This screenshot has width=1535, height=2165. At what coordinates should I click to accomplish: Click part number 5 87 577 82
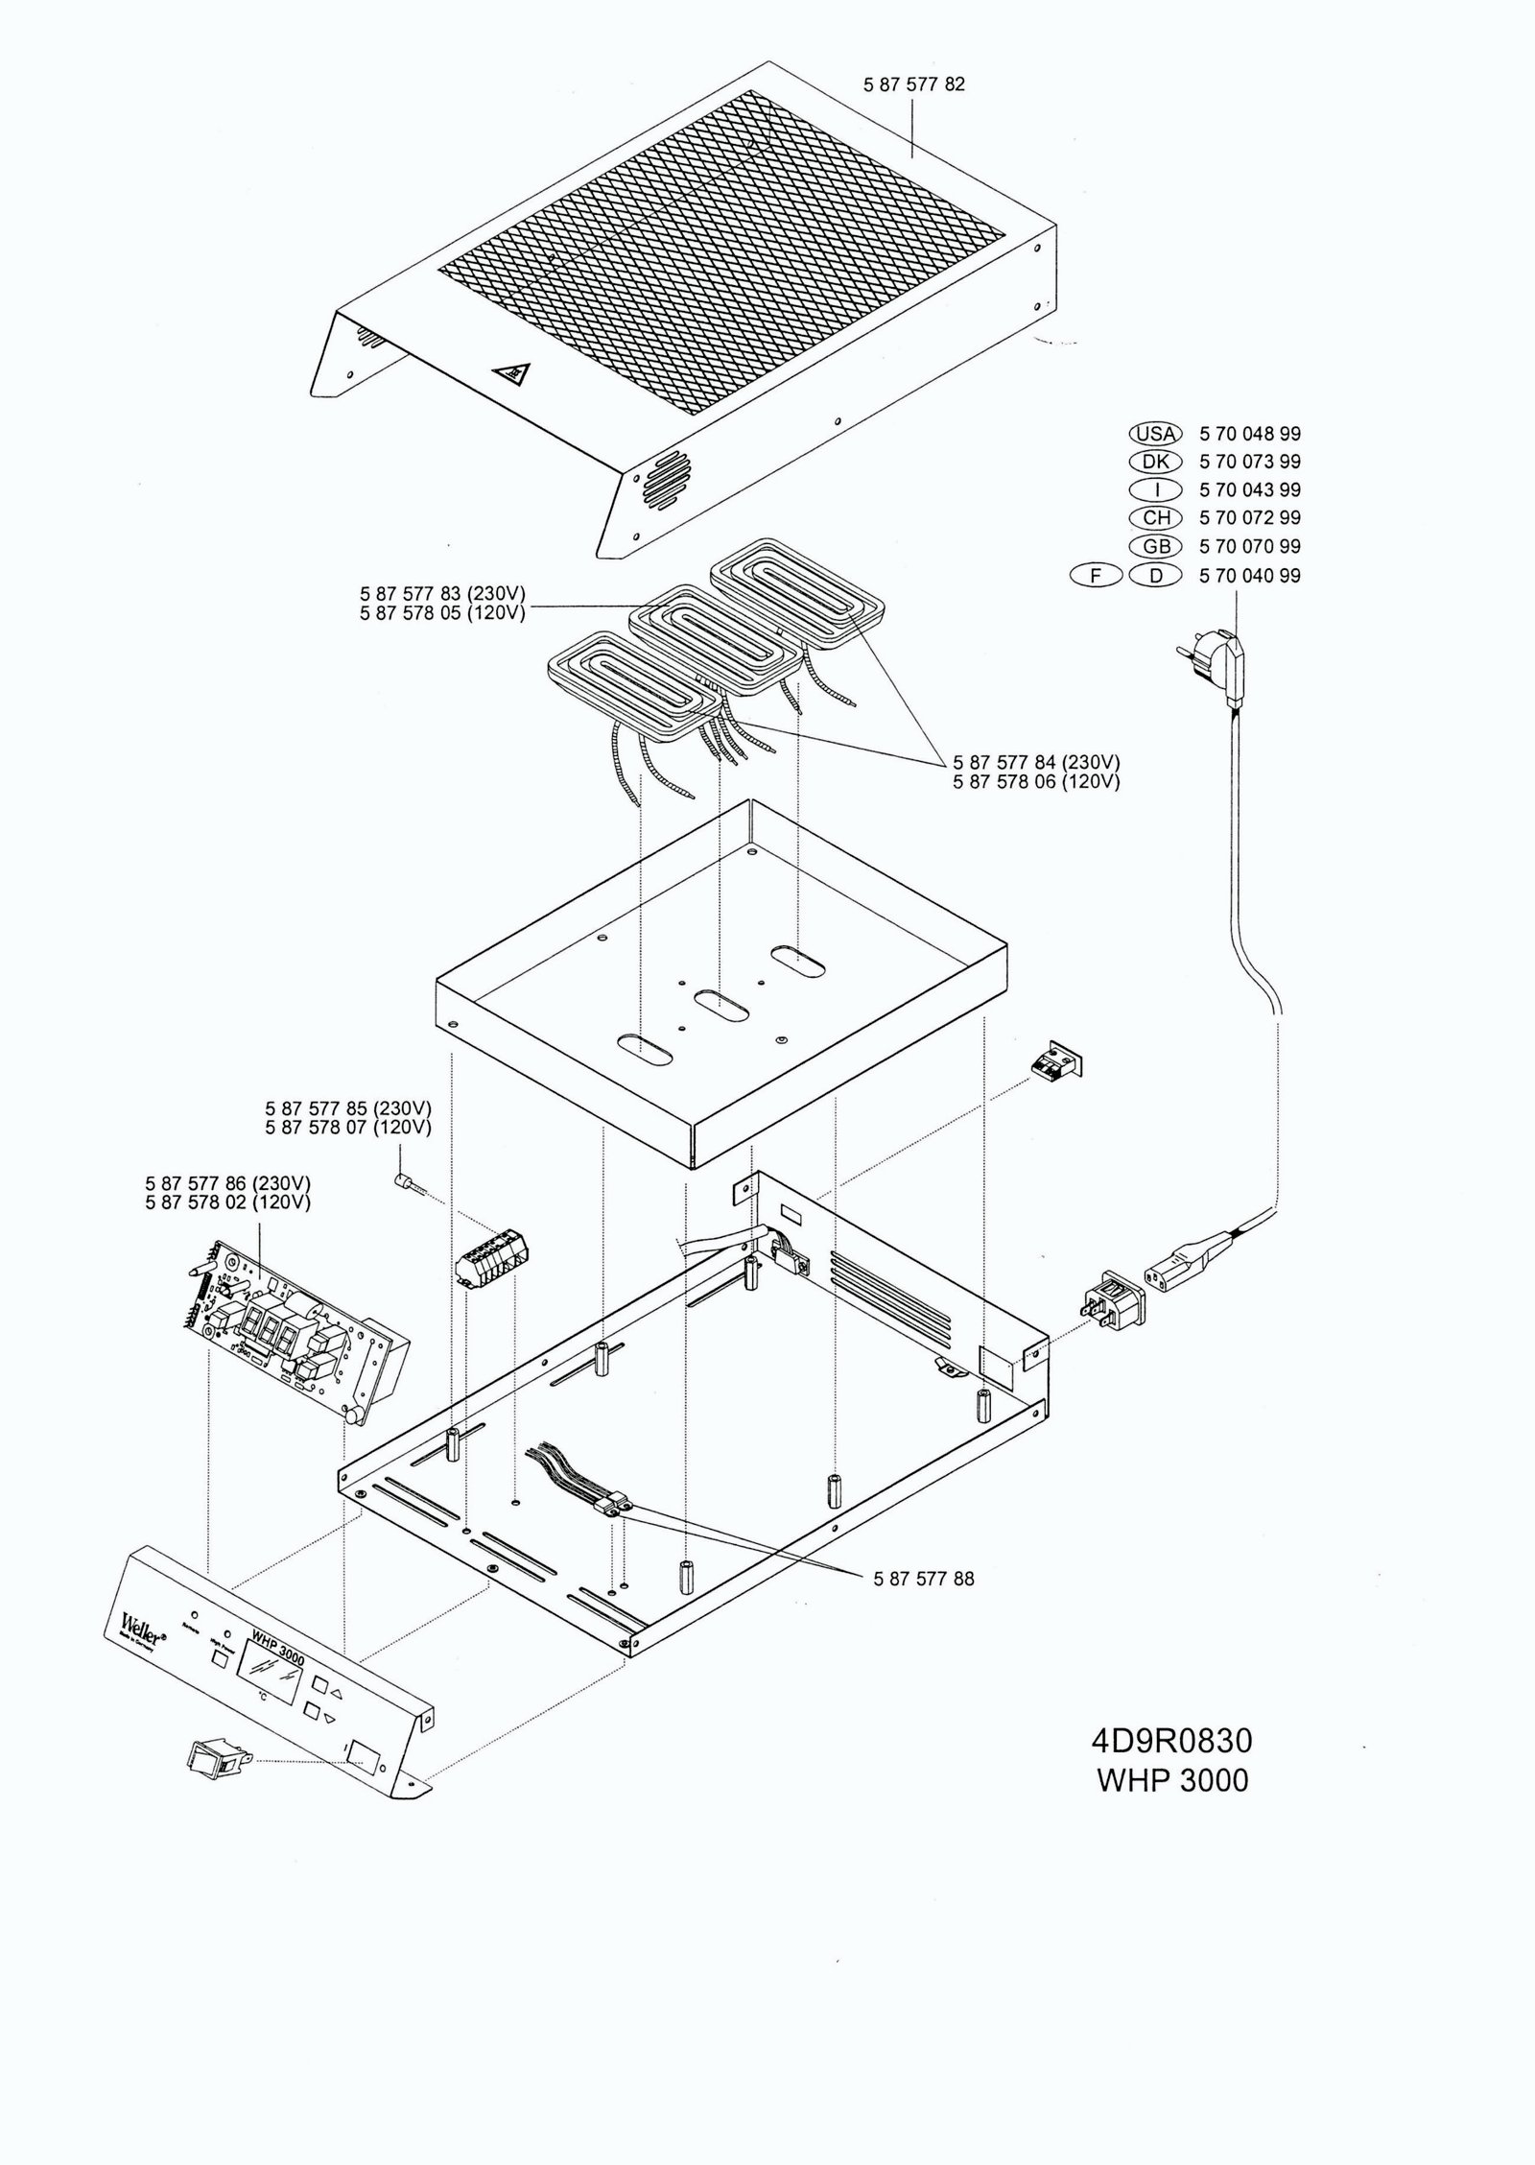(x=913, y=84)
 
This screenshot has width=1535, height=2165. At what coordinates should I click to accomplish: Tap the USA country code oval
(x=1156, y=434)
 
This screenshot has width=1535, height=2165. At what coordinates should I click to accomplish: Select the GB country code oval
(x=1156, y=546)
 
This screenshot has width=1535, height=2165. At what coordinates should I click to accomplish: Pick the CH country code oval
(x=1156, y=517)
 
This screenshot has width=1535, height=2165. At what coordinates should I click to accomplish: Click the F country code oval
(x=1095, y=576)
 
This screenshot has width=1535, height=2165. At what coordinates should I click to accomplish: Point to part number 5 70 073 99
(x=1250, y=462)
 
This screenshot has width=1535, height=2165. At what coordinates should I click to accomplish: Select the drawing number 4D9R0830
(x=1171, y=1740)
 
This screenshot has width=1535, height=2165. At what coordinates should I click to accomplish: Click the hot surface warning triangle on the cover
(x=510, y=373)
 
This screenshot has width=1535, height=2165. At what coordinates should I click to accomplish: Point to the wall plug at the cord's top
(x=1214, y=665)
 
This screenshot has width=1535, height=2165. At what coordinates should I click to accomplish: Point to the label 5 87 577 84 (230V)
(x=1036, y=762)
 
